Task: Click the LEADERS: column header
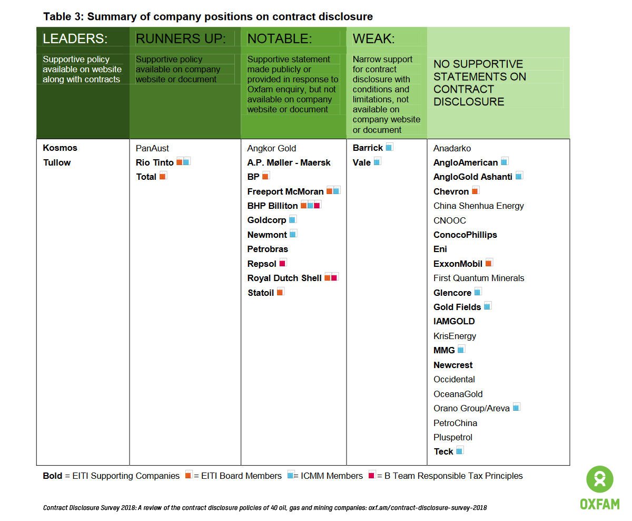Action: (75, 38)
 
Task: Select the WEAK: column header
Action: (373, 38)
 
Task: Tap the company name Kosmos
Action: (60, 148)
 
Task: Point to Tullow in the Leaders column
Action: (57, 162)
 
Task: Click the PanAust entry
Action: (152, 148)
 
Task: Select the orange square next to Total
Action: (163, 176)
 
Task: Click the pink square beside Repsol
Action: (283, 263)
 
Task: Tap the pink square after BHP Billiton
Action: (317, 205)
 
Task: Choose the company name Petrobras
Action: (268, 249)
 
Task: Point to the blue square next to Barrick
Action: (389, 147)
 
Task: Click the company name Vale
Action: (362, 162)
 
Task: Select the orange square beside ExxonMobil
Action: (489, 263)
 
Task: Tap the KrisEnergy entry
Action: (455, 336)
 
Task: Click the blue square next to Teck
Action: (460, 450)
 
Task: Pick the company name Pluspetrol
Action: (453, 437)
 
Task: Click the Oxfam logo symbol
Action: (600, 480)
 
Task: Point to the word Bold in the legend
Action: (52, 476)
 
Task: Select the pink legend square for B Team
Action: (372, 475)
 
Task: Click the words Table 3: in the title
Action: (64, 16)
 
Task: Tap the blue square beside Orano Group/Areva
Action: (516, 407)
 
